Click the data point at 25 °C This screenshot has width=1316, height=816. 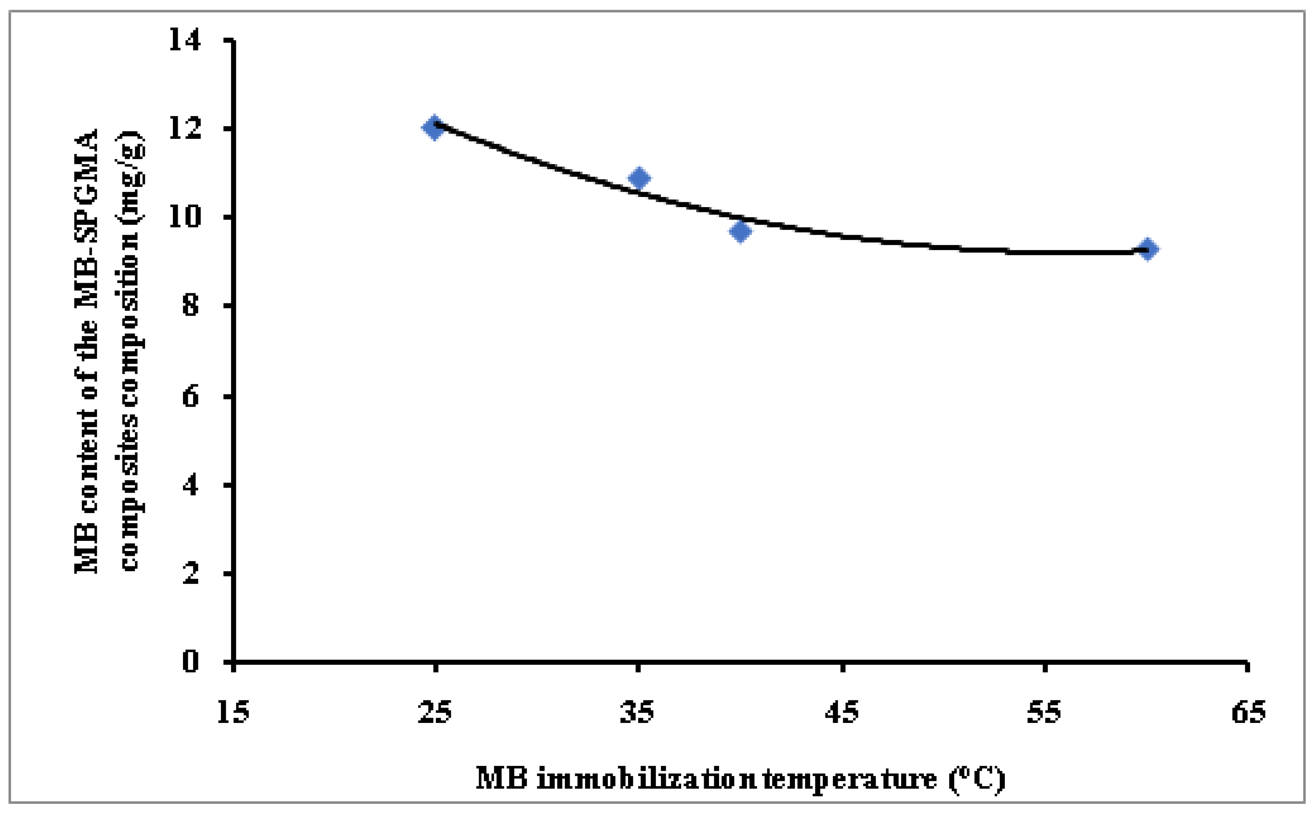(x=433, y=128)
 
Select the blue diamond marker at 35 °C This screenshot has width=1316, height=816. (x=639, y=178)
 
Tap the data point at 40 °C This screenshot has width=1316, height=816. (x=740, y=231)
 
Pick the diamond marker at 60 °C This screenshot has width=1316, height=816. (x=1148, y=249)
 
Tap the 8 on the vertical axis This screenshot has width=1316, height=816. (x=191, y=306)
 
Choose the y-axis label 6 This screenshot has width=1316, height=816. (x=191, y=396)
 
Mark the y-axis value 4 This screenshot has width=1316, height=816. (x=191, y=485)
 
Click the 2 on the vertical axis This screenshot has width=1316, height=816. (x=191, y=574)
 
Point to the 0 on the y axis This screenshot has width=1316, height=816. (x=191, y=661)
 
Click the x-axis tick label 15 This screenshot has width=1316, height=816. (x=233, y=712)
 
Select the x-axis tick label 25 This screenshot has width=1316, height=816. (x=435, y=712)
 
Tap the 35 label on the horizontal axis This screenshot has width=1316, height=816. (x=637, y=712)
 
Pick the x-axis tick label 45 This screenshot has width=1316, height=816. (x=842, y=712)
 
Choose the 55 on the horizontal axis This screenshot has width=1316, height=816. (x=1044, y=712)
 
